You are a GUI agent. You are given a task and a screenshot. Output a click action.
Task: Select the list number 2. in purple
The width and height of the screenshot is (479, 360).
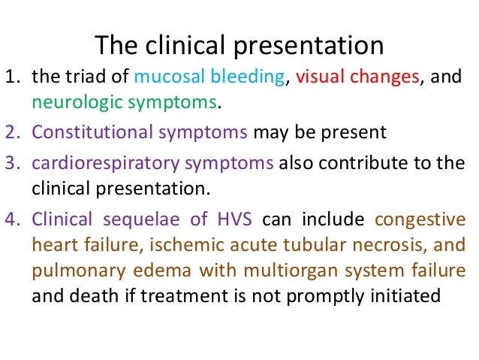14,133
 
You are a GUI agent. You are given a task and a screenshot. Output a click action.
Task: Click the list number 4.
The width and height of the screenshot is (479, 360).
14,220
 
